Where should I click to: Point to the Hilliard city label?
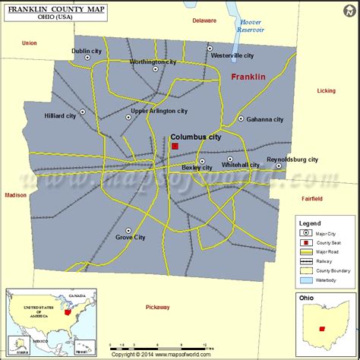pyautogui.click(x=61, y=116)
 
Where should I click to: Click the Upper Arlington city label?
pyautogui.click(x=159, y=111)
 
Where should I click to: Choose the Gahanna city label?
pyautogui.click(x=265, y=119)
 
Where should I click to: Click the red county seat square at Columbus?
pyautogui.click(x=175, y=146)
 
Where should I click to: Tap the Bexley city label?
pyautogui.click(x=197, y=167)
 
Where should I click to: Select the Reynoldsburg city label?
pyautogui.click(x=292, y=159)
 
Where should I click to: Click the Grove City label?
pyautogui.click(x=129, y=238)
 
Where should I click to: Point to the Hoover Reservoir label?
pyautogui.click(x=251, y=26)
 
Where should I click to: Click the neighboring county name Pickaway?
pyautogui.click(x=159, y=307)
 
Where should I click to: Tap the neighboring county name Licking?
pyautogui.click(x=326, y=91)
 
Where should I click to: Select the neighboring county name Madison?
pyautogui.click(x=15, y=195)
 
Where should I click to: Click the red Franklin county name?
pyautogui.click(x=248, y=77)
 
